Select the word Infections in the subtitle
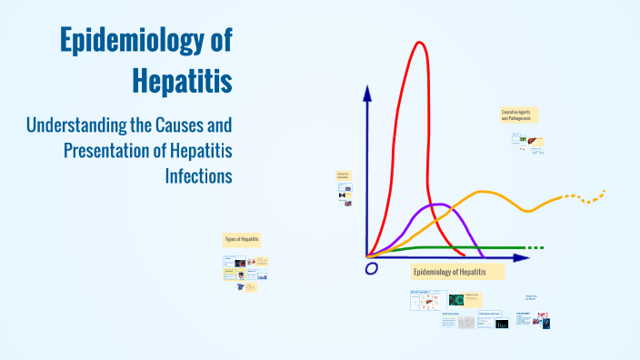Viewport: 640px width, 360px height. (x=198, y=174)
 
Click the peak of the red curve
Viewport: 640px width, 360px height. (x=419, y=44)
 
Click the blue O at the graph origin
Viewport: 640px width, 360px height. (x=371, y=268)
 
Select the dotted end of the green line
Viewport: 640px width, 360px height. (x=535, y=247)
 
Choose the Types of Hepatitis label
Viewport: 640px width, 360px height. (x=242, y=240)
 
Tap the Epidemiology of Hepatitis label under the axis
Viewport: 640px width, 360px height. (x=449, y=272)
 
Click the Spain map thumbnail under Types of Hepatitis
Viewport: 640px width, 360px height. (x=241, y=286)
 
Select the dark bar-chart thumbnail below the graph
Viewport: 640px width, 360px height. (x=502, y=323)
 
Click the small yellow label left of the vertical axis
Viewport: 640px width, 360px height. (x=343, y=175)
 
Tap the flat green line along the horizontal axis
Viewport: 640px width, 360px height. (x=455, y=247)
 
